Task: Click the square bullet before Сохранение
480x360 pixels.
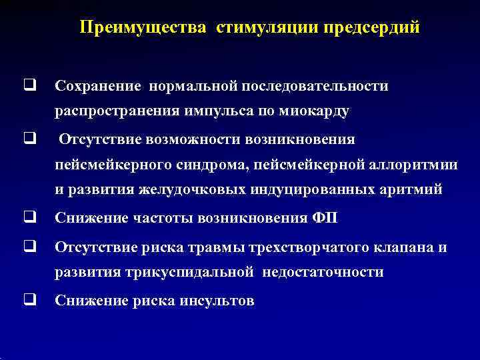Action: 29,86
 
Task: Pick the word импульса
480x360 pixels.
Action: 214,111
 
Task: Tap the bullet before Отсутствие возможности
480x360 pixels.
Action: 29,139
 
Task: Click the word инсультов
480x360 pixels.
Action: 217,301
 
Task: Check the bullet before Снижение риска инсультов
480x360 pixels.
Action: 29,300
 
